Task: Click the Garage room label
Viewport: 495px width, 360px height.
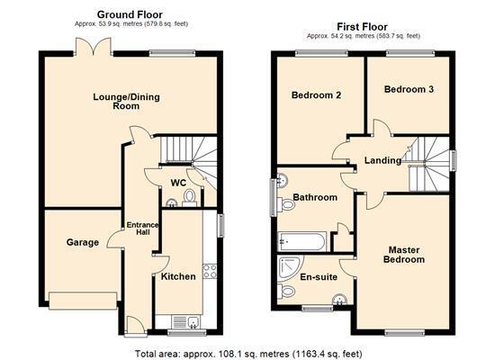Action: (x=82, y=242)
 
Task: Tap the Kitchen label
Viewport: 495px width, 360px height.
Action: (x=178, y=276)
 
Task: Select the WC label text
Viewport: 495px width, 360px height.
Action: (x=177, y=184)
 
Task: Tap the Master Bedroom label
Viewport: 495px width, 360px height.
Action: (x=406, y=254)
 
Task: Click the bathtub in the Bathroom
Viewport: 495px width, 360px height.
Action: (x=302, y=241)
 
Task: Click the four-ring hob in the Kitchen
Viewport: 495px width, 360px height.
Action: (x=211, y=269)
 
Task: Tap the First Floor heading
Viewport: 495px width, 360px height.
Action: (x=364, y=27)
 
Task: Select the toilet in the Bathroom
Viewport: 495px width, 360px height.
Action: (x=287, y=204)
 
